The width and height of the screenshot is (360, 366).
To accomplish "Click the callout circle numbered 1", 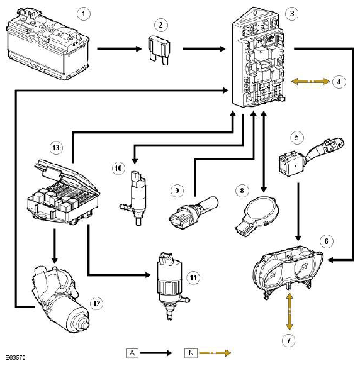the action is click(84, 14).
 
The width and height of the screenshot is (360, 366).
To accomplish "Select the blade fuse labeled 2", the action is click(159, 50).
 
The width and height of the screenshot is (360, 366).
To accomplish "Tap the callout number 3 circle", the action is click(292, 13).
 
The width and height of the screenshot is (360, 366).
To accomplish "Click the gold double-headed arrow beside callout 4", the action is click(310, 82).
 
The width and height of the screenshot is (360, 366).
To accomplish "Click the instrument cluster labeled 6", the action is click(288, 272).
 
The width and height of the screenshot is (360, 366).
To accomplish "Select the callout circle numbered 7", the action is click(289, 340).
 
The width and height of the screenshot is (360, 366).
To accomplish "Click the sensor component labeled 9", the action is click(193, 212).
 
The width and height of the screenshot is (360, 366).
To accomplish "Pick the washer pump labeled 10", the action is click(136, 197).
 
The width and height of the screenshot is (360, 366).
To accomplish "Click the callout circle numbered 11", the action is click(193, 277).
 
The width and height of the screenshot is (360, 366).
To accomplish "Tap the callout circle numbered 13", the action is click(56, 148).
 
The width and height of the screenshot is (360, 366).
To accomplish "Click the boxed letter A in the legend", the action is click(132, 352).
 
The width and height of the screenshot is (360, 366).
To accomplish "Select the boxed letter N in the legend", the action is click(191, 352).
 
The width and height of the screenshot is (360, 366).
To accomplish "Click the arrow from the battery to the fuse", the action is click(120, 49).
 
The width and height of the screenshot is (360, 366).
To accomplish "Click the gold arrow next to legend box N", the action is click(215, 353).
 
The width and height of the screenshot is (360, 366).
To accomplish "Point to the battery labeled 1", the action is click(47, 45).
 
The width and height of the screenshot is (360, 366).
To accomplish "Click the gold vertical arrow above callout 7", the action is click(290, 311).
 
